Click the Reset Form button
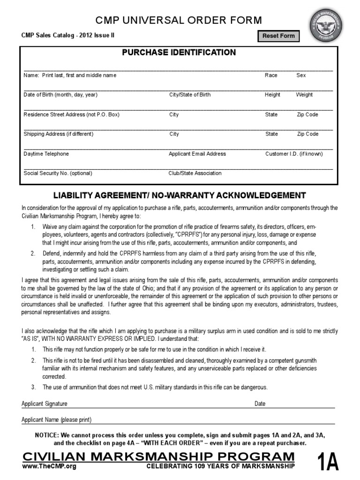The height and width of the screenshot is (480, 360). [x=278, y=36]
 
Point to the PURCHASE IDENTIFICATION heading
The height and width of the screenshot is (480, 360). [x=179, y=52]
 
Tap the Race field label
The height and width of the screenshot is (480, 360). [x=271, y=75]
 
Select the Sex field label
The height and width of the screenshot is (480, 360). [x=301, y=75]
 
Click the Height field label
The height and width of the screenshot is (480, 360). [x=272, y=95]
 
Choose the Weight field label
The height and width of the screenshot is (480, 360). [x=304, y=95]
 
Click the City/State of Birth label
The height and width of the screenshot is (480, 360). [x=190, y=95]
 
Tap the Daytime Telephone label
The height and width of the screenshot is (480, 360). [x=46, y=154]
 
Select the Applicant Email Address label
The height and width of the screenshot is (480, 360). [x=197, y=154]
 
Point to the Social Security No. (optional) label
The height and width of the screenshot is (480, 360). [x=58, y=173]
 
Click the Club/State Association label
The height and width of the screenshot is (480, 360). [x=195, y=173]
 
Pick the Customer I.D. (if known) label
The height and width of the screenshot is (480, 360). [x=294, y=154]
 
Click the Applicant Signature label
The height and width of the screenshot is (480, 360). [x=45, y=404]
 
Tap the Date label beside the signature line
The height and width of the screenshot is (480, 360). [x=260, y=404]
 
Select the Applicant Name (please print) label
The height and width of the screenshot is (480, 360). [x=57, y=420]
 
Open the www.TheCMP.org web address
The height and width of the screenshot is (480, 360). [x=49, y=466]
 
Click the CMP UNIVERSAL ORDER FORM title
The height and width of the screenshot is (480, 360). [x=179, y=20]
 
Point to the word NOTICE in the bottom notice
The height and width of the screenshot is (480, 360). [x=47, y=435]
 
